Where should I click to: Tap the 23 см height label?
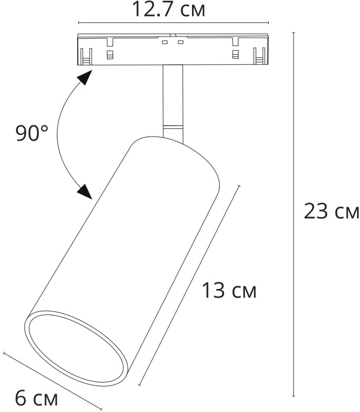point(331,212)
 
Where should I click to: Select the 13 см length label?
point(229,290)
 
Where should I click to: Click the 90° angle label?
point(32,134)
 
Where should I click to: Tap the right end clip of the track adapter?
point(258,56)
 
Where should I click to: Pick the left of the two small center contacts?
point(166,43)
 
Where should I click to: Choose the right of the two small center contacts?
point(180,43)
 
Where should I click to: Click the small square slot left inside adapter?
point(110,55)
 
